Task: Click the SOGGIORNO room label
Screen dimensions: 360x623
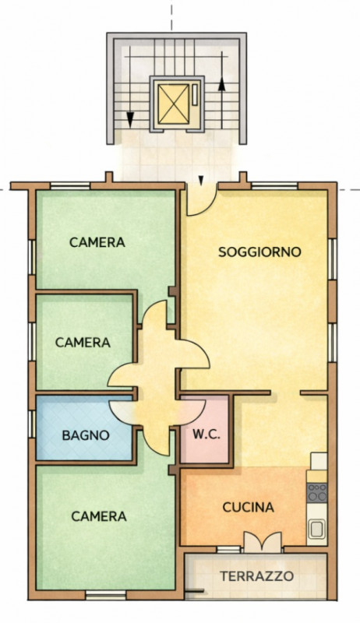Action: [259, 252]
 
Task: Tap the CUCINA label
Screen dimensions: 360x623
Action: [248, 508]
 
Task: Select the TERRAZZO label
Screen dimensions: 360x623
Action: [257, 576]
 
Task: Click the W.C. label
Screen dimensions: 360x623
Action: [206, 435]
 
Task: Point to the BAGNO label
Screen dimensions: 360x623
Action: [86, 435]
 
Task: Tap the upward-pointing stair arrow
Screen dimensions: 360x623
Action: [222, 90]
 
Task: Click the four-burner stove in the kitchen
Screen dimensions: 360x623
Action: [317, 492]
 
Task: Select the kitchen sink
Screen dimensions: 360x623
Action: [316, 529]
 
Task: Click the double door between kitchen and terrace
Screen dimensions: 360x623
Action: [263, 542]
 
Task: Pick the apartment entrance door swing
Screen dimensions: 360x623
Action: [202, 201]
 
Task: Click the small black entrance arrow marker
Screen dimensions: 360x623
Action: [201, 181]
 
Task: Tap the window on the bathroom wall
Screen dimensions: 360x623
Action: [32, 424]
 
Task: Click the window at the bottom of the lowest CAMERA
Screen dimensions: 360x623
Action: [106, 594]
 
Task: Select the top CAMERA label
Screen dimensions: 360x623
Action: [97, 242]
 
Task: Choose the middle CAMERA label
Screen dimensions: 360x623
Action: [83, 343]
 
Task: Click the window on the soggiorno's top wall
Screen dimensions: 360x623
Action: [274, 185]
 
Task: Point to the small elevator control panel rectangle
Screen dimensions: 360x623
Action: [195, 95]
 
